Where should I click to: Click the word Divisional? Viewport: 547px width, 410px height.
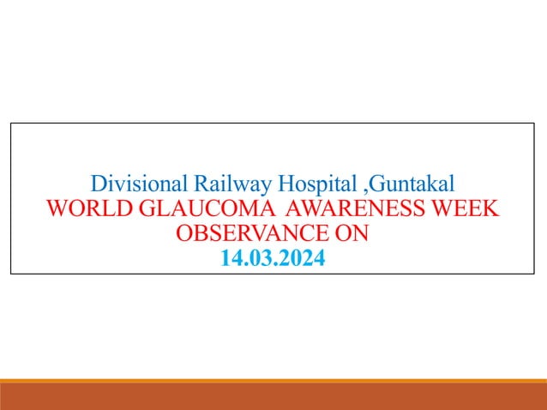point(139,184)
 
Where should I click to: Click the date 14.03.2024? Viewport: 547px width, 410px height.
point(273,257)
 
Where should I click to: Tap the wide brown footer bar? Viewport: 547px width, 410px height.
point(273,397)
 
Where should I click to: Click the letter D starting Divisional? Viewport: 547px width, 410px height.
point(97,184)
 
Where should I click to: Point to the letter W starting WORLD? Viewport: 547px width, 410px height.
point(58,208)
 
